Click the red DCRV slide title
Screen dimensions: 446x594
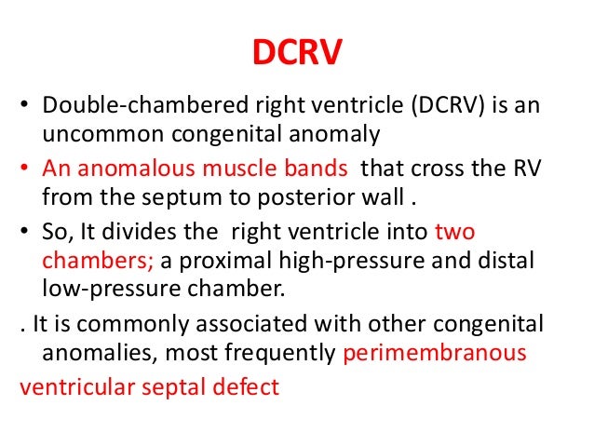297,53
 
